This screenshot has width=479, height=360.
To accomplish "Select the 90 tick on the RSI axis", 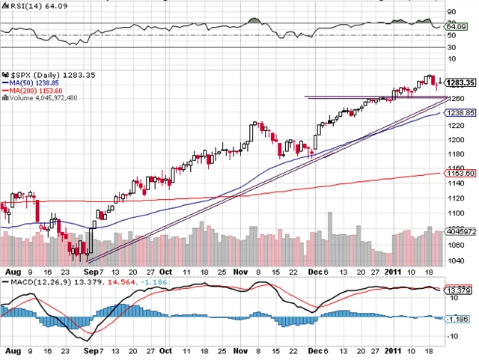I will (x=451, y=13).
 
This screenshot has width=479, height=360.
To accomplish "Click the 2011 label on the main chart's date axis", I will (x=396, y=272).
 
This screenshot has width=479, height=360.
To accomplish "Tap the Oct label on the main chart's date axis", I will (x=165, y=272).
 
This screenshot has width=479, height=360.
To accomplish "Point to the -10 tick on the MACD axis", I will (x=453, y=336).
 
